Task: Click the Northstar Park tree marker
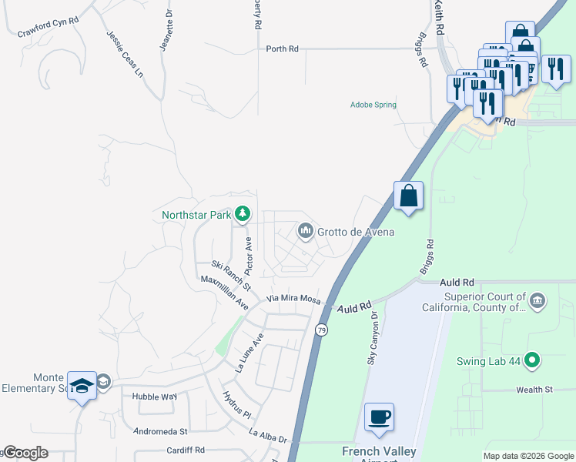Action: pyautogui.click(x=243, y=213)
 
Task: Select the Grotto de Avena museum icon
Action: pyautogui.click(x=305, y=230)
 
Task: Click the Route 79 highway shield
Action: pyautogui.click(x=320, y=330)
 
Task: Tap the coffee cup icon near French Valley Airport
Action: pyautogui.click(x=379, y=418)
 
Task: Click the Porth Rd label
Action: pyautogui.click(x=282, y=49)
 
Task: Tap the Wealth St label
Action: pyautogui.click(x=534, y=390)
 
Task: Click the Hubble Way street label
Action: pyautogui.click(x=154, y=397)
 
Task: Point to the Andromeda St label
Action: pyautogui.click(x=161, y=431)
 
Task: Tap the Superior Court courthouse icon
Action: pyautogui.click(x=537, y=299)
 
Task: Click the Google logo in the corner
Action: pyautogui.click(x=25, y=453)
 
